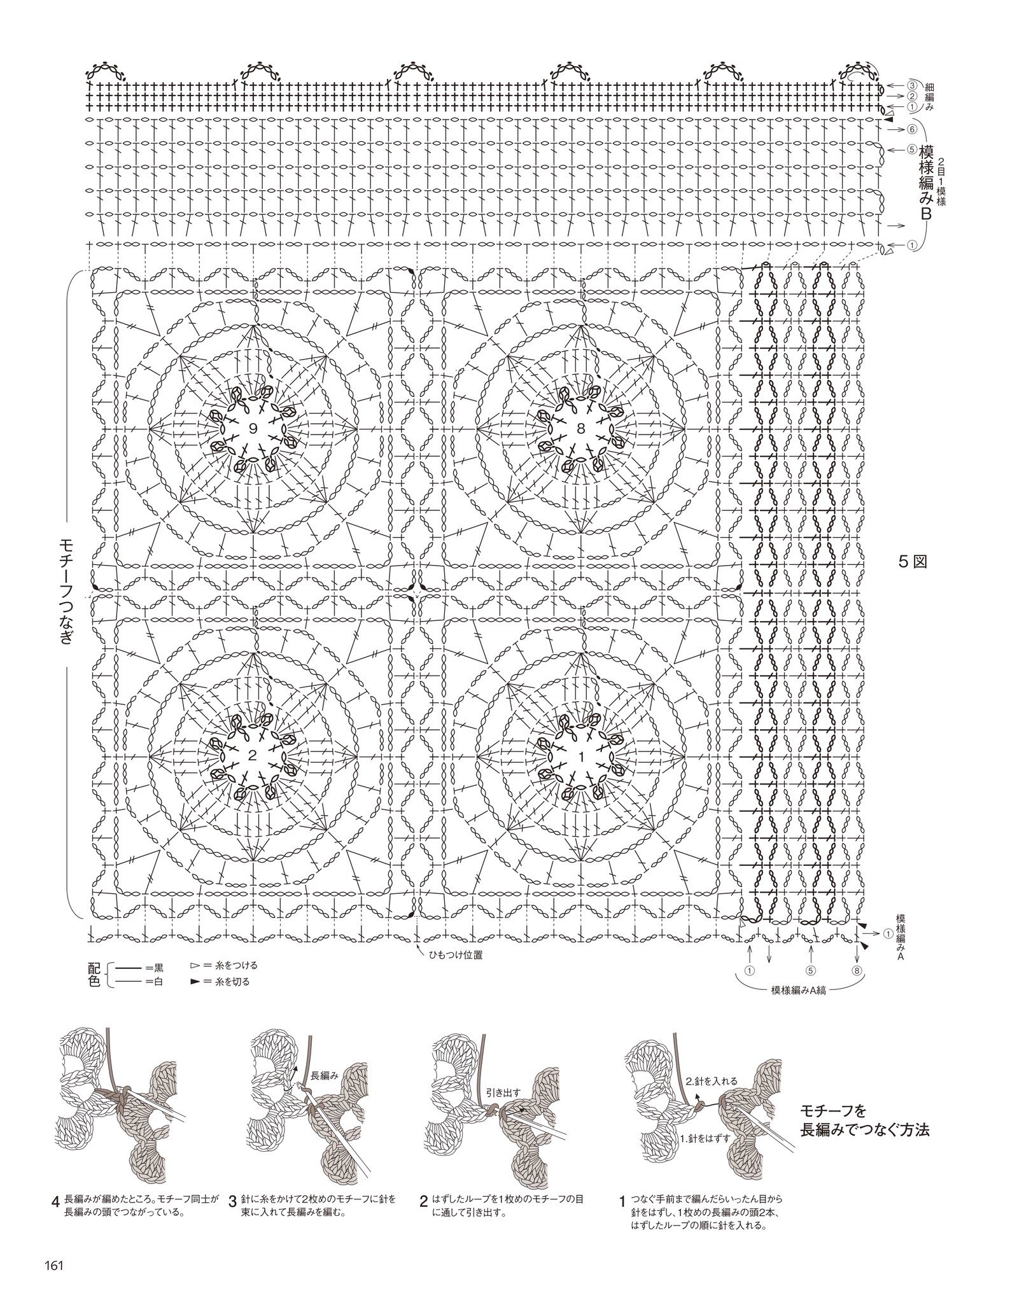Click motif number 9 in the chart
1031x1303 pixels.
(253, 429)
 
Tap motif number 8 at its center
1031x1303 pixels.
(580, 429)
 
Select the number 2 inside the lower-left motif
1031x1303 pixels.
(253, 756)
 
